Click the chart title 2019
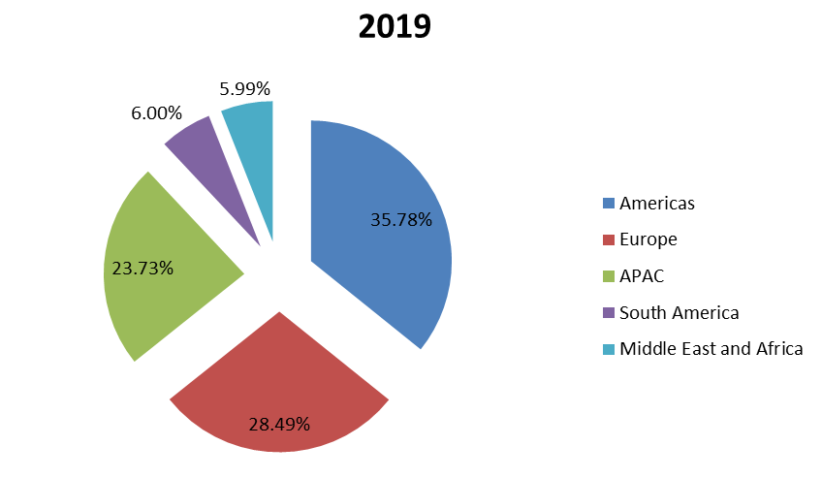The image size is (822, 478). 395,26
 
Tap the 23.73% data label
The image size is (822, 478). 142,269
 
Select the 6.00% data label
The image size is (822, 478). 156,113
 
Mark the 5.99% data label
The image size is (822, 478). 244,89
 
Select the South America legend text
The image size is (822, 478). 679,312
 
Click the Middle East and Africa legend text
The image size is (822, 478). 711,349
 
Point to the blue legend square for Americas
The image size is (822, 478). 608,204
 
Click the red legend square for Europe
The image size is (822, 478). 608,239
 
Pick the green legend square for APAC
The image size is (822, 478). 608,276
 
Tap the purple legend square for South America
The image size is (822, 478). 608,312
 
